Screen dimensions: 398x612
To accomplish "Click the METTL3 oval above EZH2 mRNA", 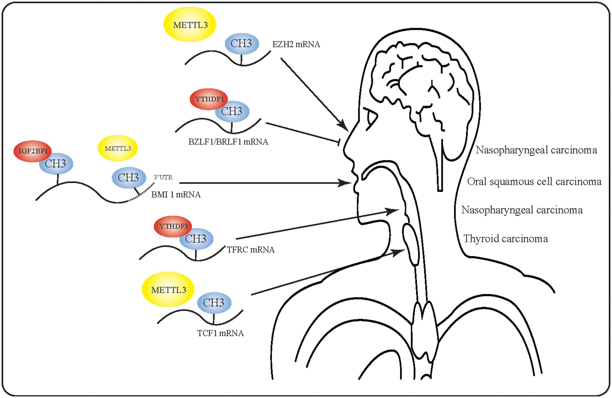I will coord(190,25).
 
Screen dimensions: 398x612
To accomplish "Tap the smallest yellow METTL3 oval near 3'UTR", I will coord(118,148).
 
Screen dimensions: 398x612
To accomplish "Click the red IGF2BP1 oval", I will coord(33,151).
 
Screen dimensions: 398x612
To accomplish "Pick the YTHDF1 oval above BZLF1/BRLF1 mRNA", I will coord(209,99).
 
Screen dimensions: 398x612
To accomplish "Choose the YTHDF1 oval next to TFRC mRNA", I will coord(173,226).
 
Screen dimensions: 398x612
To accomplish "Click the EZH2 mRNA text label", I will coord(296,45).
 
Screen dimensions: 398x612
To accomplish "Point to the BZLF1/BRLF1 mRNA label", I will coord(228,142).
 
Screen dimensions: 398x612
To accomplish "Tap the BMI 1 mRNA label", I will coord(176,195).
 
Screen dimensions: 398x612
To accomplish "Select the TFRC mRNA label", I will coord(251,250).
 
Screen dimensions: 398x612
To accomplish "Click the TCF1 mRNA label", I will coord(220,333).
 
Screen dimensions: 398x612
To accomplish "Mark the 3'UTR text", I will coord(163,177).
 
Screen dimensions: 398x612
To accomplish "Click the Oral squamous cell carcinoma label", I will coord(534,182).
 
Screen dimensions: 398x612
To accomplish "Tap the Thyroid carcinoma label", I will coord(506,239).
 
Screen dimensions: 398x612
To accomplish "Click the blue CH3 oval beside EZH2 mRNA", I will coord(242,44).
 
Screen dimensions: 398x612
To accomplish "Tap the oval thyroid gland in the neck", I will coord(411,244).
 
